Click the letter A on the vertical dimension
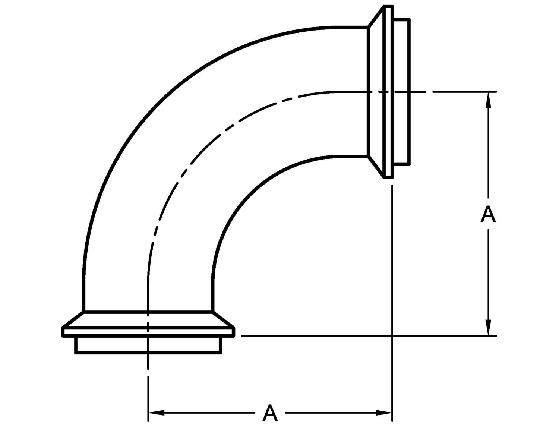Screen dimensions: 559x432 [x=488, y=215]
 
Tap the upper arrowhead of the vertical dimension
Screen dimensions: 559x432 [x=488, y=101]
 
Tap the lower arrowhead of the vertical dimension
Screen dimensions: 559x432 [x=488, y=327]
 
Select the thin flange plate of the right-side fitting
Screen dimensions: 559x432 [x=388, y=92]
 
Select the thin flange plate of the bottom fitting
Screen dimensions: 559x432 [x=148, y=332]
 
